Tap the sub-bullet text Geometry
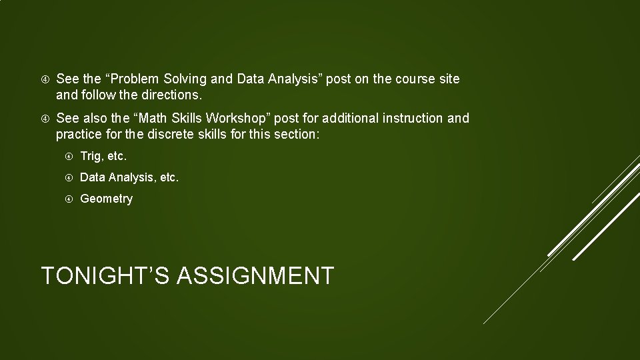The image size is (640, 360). point(106,199)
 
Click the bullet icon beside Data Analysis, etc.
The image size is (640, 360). point(69,178)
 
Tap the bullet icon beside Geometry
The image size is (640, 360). point(69,199)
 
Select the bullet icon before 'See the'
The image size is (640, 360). point(45,79)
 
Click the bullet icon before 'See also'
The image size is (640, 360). point(45,119)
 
